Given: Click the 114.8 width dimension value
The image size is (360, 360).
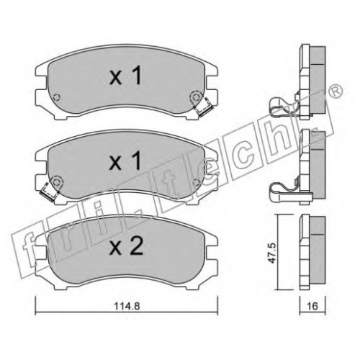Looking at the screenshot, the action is tap(127, 306).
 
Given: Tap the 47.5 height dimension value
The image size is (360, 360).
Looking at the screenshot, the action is tap(274, 253).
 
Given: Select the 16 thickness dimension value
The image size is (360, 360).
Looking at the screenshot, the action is tap(313, 306).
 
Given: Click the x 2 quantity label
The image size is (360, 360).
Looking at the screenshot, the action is tap(126, 247).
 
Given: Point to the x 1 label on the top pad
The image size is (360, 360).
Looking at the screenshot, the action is tap(125, 76).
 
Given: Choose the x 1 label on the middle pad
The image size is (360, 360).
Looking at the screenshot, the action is tap(125, 161).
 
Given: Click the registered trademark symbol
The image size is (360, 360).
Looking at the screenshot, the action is tap(336, 91).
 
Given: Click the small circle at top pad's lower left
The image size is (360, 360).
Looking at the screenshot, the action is tap(56, 98).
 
